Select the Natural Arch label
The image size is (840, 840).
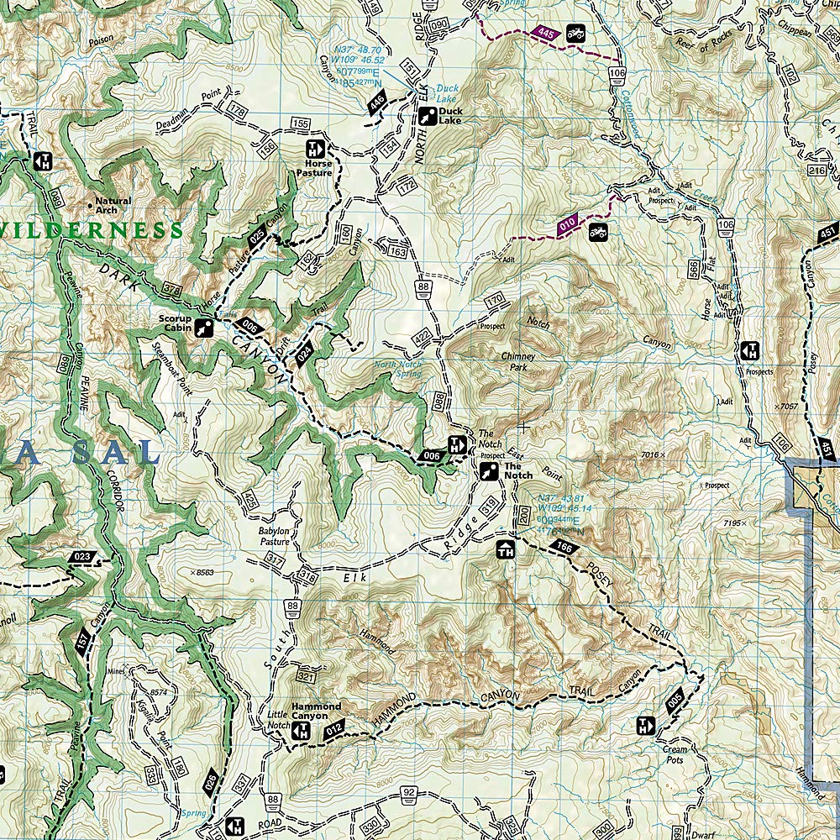[x=112, y=205]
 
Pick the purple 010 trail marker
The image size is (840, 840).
[x=569, y=225]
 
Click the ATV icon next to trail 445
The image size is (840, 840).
[x=575, y=34]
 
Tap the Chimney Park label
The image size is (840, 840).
[x=518, y=362]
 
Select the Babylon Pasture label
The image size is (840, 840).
[x=274, y=536]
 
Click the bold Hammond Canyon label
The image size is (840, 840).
[x=316, y=711]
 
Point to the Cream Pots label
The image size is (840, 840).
[x=675, y=754]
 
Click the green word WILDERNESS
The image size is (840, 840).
[x=92, y=229]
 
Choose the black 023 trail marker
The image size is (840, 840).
[x=82, y=557]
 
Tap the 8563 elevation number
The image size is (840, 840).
[x=205, y=573]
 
